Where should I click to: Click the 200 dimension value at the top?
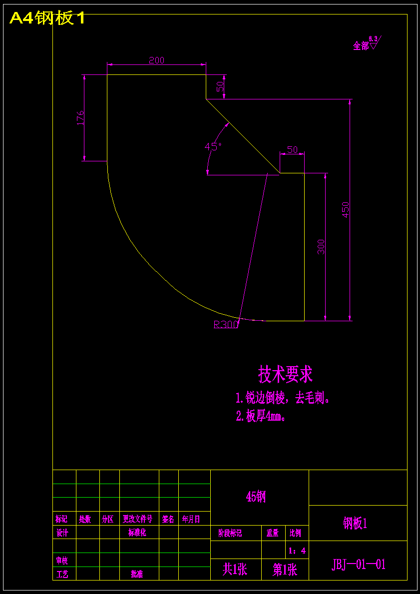[x=156, y=60]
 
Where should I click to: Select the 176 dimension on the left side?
[x=80, y=118]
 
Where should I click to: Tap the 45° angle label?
[x=213, y=146]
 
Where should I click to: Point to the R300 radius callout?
[x=226, y=324]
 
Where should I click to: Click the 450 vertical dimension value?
[x=345, y=210]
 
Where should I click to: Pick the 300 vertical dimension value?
[x=321, y=247]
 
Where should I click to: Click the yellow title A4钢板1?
[x=47, y=18]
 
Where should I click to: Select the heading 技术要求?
[x=285, y=374]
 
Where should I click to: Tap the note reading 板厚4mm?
[x=261, y=416]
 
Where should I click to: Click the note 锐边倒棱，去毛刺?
[x=283, y=398]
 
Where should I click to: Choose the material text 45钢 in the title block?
[x=256, y=497]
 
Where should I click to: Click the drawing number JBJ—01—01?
[x=359, y=565]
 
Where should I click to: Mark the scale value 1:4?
[x=297, y=551]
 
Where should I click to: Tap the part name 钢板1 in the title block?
[x=355, y=523]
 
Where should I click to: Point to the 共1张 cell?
[x=235, y=570]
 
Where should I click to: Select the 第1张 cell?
[x=285, y=570]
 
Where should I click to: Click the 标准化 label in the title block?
[x=137, y=533]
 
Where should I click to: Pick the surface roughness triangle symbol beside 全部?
[x=374, y=45]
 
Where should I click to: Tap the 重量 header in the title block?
[x=272, y=533]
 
